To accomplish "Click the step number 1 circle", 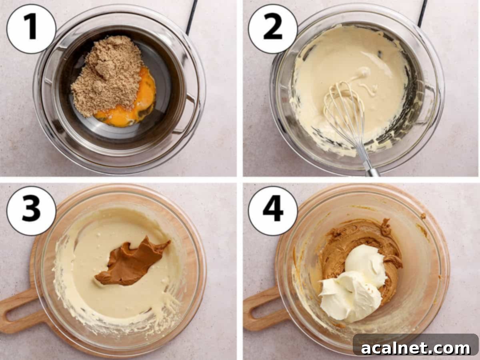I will [31, 28].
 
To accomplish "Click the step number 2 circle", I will [273, 28].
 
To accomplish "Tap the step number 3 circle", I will [31, 211].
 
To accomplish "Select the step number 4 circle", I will [273, 211].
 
